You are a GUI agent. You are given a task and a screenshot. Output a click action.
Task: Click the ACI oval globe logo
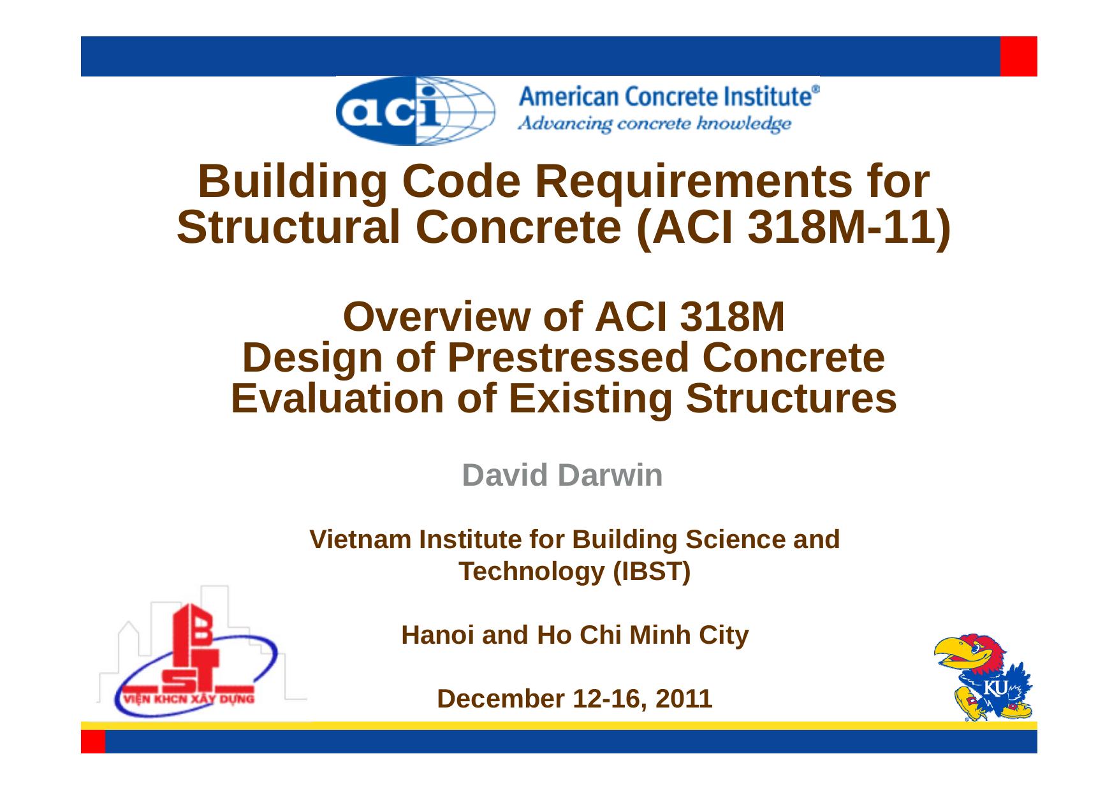[415, 111]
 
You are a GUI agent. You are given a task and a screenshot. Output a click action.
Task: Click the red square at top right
[1018, 56]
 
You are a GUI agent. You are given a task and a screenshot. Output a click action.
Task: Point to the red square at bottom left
[93, 742]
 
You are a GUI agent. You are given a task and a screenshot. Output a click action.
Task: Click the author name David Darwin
[562, 475]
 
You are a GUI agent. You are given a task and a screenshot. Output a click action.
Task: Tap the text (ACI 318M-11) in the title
[793, 228]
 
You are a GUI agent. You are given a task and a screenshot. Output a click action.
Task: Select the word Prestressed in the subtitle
[568, 358]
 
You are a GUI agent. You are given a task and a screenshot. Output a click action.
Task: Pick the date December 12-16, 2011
[574, 699]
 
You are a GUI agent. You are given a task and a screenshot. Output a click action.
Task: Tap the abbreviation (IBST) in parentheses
[651, 572]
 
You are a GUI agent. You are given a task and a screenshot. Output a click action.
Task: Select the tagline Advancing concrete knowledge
[655, 124]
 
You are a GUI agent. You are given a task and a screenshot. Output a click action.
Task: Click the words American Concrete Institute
[668, 97]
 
